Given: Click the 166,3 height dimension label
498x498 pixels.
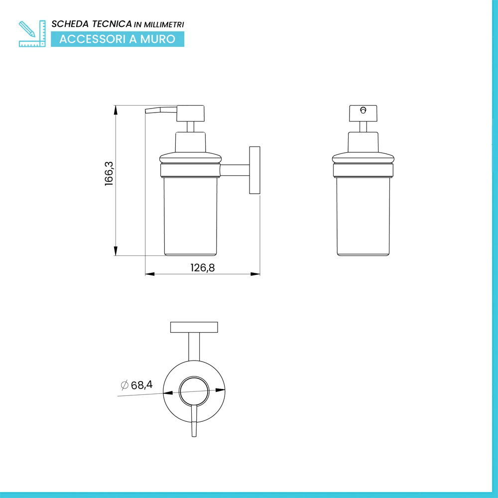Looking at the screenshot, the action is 109,173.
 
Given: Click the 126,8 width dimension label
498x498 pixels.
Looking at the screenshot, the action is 203,268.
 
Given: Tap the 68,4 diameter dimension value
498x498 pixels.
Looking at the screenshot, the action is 141,385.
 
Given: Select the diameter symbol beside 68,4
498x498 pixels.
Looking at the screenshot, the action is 124,385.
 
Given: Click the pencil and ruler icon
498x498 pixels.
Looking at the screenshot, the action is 32,34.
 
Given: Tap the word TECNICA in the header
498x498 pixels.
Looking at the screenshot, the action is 112,24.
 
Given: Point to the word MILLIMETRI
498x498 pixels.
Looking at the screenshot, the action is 164,24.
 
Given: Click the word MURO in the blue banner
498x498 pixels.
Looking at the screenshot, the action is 158,39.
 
